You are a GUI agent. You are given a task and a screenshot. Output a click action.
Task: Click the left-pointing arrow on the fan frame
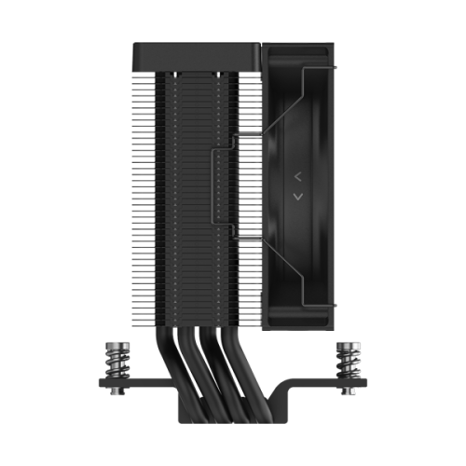coord(296,174)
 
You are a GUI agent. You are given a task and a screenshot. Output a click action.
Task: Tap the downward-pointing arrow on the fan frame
coord(296,196)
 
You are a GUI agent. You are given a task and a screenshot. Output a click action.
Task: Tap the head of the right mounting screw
coord(349,345)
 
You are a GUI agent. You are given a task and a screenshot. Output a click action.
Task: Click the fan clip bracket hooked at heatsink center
coord(222,186)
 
